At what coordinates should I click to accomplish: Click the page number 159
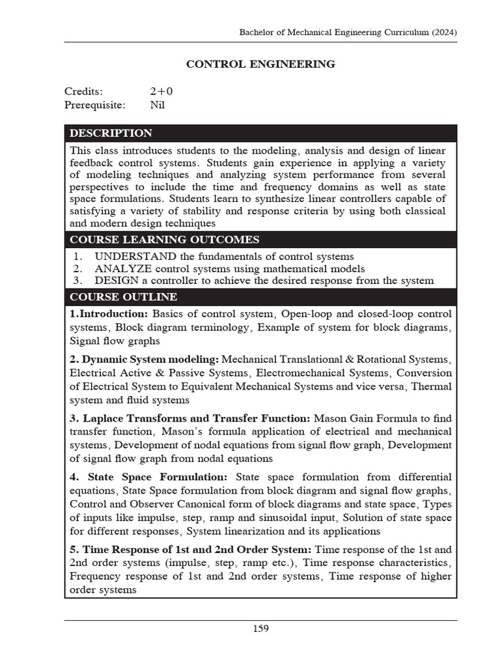[x=260, y=629]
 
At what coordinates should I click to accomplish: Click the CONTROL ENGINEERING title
[x=260, y=64]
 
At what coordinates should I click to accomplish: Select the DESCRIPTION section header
[x=111, y=134]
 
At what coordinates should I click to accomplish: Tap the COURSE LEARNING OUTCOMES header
[x=164, y=240]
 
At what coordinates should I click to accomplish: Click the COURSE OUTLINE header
[x=123, y=297]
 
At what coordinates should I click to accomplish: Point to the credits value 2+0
[x=161, y=91]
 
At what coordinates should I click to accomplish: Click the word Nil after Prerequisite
[x=158, y=104]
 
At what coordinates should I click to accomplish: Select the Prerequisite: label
[x=96, y=104]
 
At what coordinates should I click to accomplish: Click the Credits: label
[x=83, y=91]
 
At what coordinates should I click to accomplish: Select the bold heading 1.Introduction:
[x=109, y=314]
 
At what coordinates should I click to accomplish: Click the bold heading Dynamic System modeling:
[x=150, y=360]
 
